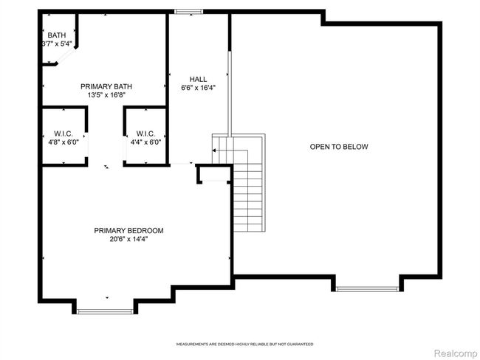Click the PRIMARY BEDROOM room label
coord(128,231)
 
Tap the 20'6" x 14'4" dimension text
coord(128,239)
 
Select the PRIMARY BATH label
coord(106,86)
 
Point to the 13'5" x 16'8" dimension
coord(106,95)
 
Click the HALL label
coord(198,79)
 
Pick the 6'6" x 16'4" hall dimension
coord(199,88)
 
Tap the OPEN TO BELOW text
coord(339,147)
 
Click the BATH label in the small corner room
coord(57,35)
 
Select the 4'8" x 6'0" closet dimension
coord(64,142)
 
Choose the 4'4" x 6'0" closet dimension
coord(145,142)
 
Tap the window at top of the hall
coord(188,12)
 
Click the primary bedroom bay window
coord(105,311)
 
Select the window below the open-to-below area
coord(367,288)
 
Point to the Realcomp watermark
coord(456,353)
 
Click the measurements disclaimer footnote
coord(245,345)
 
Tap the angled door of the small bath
coord(66,56)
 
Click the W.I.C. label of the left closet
coord(64,134)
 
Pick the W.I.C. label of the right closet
coord(145,134)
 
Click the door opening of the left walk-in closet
coord(86,145)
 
